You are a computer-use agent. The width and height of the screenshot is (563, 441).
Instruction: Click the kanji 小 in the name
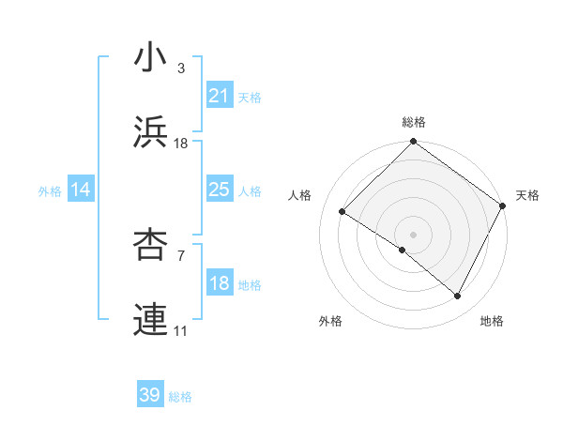pos(151,58)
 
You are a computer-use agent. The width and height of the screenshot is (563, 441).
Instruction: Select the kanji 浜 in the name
pos(151,131)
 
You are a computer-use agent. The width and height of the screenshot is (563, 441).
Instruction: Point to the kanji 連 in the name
pos(151,319)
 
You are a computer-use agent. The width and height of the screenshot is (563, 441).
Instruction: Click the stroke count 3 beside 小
pos(180,68)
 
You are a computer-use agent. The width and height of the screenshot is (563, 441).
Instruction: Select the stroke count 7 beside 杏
pos(180,255)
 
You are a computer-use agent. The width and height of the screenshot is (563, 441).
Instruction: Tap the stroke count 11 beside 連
pos(181,330)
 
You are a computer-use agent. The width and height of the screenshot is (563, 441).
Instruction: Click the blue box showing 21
pos(219,96)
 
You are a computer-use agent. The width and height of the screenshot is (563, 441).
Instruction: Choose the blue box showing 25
pos(219,190)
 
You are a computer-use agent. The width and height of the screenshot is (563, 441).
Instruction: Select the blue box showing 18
pos(219,283)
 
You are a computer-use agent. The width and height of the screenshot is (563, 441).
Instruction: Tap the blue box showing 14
pos(81,190)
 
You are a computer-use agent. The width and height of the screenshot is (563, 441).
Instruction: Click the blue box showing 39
pos(150,395)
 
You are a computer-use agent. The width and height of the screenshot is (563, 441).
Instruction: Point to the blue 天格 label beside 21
pos(250,97)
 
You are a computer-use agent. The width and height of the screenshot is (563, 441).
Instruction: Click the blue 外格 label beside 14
pos(50,190)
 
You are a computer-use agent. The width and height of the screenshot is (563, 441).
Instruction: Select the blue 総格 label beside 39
pos(181,396)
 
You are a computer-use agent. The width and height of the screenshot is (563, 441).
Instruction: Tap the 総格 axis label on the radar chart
pos(414,122)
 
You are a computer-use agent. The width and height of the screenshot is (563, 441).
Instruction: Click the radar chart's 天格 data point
pos(503,205)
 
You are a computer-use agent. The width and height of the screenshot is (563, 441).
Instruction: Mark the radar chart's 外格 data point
pos(403,250)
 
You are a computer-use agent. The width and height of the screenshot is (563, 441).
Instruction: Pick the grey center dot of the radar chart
pos(413,234)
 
